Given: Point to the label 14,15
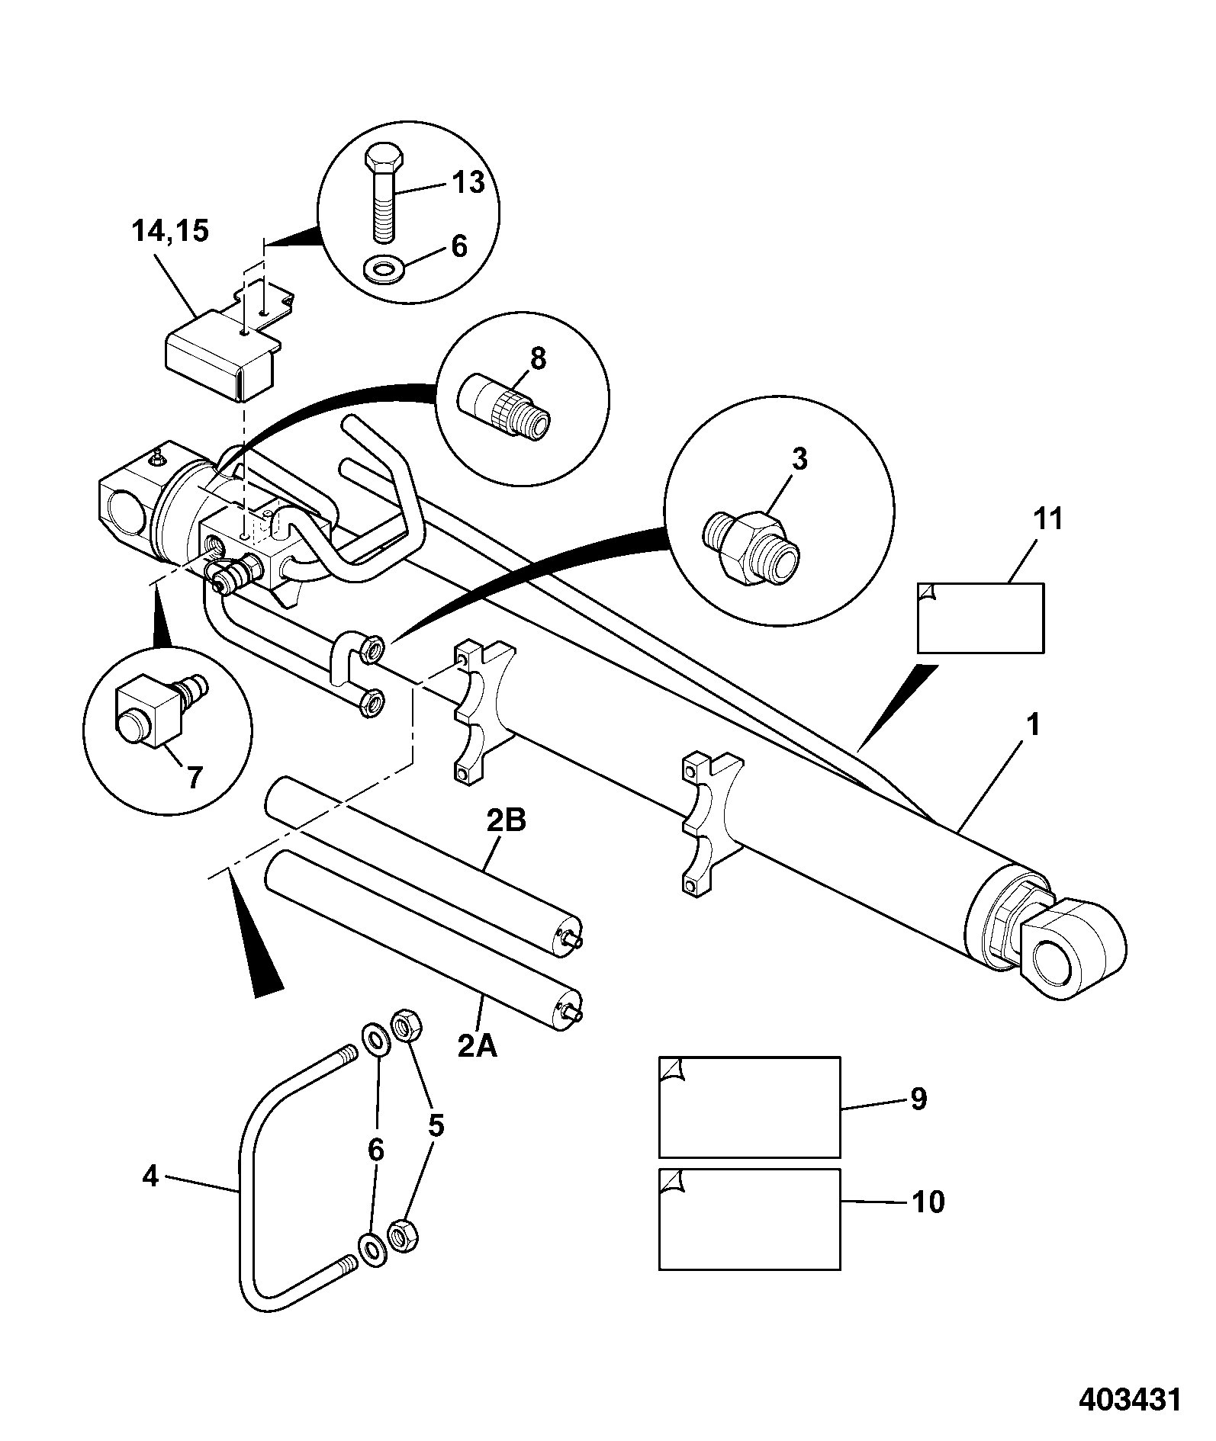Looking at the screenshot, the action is (170, 231).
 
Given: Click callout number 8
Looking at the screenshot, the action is (539, 358).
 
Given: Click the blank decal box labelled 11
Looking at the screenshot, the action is (980, 618).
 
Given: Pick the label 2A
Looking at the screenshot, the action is (478, 1047).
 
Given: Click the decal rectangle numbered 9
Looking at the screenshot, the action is (749, 1107).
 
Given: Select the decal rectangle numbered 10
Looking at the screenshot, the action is (749, 1219).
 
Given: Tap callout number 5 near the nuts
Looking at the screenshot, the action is (436, 1125).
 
